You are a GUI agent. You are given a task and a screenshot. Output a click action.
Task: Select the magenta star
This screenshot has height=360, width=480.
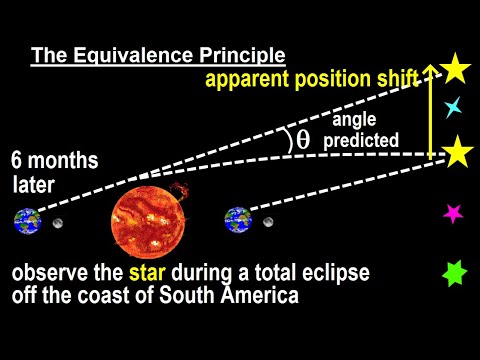(x=453, y=212)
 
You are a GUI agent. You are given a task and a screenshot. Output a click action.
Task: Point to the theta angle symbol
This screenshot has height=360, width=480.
(x=302, y=141)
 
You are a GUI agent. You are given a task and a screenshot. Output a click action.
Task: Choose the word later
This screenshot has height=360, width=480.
(x=34, y=184)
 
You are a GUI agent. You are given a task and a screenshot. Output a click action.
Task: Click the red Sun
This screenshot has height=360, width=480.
(x=150, y=220)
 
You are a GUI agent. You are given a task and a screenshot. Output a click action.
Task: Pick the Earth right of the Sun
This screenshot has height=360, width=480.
(x=237, y=220)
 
